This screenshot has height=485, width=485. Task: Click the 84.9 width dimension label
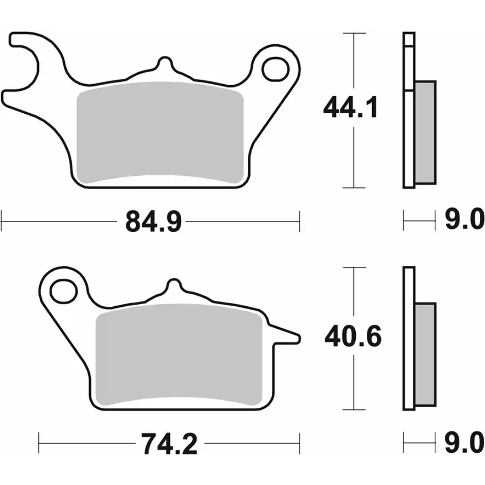coord(154,222)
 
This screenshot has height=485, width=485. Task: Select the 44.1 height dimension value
coord(350,107)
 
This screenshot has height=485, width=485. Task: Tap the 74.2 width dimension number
coord(169,443)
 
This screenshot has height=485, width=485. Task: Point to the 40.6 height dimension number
coord(353,336)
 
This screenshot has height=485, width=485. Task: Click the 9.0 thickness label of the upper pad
coord(465,219)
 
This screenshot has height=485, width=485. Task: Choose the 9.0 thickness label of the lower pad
coord(465,443)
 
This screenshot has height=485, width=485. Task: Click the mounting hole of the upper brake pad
coord(275,69)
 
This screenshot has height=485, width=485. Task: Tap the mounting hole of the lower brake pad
coord(64,291)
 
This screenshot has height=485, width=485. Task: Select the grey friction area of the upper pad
coord(160,132)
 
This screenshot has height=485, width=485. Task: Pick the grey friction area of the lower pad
coord(179,354)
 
